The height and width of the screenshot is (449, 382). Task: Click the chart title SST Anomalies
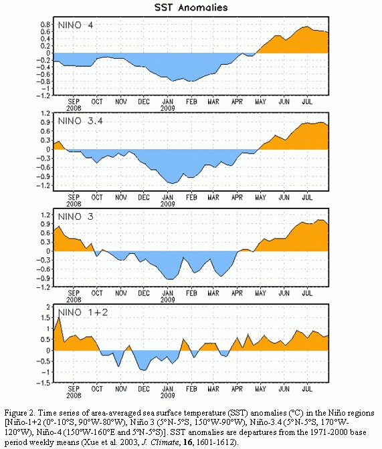(191, 7)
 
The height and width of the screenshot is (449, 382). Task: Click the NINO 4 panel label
(76, 25)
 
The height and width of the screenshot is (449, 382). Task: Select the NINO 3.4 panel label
(80, 121)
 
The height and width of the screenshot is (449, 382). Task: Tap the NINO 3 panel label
(76, 216)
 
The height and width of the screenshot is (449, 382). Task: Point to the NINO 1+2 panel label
(83, 312)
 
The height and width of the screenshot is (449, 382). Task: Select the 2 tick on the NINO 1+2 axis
(48, 307)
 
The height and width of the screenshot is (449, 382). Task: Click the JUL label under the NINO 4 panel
(307, 102)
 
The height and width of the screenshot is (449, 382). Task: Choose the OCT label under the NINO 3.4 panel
(97, 197)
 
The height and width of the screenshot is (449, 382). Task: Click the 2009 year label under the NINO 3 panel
(168, 300)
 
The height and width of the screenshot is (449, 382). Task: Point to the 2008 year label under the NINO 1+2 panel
(74, 396)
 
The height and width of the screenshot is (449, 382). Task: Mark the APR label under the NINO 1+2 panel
(237, 389)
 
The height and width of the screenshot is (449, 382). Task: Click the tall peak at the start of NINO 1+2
(59, 317)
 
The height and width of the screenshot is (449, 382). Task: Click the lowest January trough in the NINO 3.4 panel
(171, 183)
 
